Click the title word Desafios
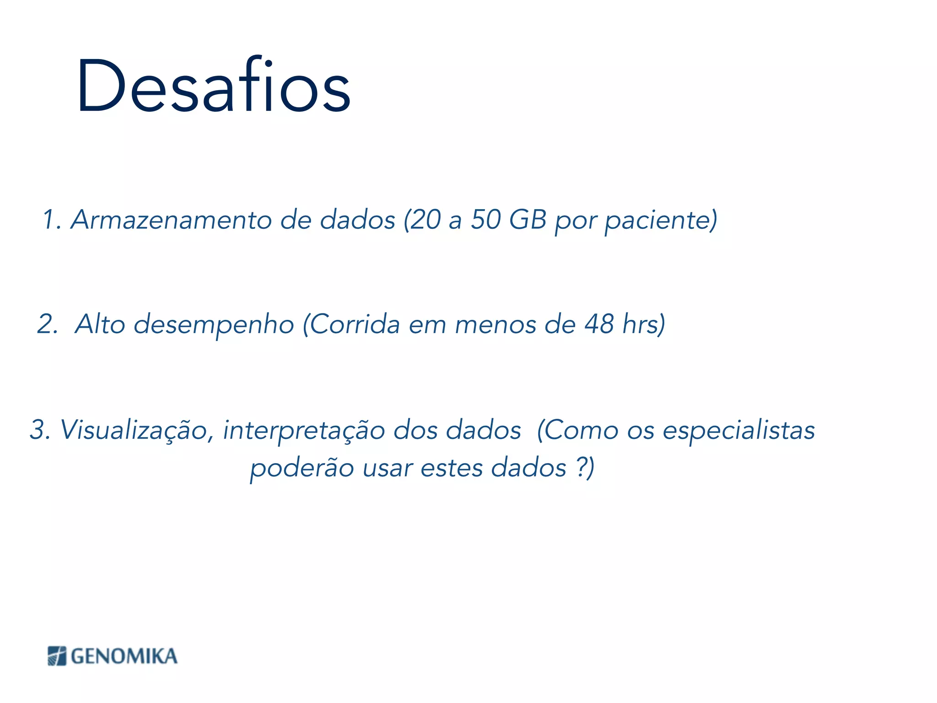pyautogui.click(x=213, y=86)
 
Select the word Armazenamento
pyautogui.click(x=171, y=220)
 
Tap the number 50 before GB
pyautogui.click(x=486, y=220)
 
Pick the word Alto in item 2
pyautogui.click(x=100, y=324)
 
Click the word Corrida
pyautogui.click(x=355, y=324)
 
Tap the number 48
pyautogui.click(x=599, y=324)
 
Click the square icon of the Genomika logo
pyautogui.click(x=57, y=656)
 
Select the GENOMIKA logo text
pyautogui.click(x=124, y=656)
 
